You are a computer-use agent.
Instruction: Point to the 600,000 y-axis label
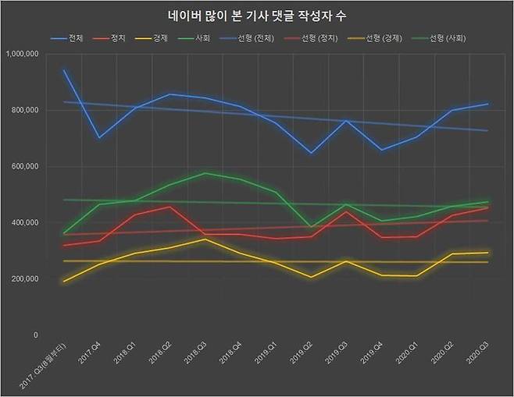(x=25, y=166)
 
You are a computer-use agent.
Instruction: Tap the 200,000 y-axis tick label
(x=25, y=278)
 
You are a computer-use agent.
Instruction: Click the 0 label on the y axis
(x=36, y=335)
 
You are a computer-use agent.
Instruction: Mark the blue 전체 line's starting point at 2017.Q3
(x=63, y=70)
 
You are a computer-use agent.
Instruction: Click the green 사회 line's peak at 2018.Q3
(x=205, y=173)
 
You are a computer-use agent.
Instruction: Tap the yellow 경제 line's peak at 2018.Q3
(x=205, y=239)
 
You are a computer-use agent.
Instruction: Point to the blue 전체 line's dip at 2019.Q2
(x=311, y=153)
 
